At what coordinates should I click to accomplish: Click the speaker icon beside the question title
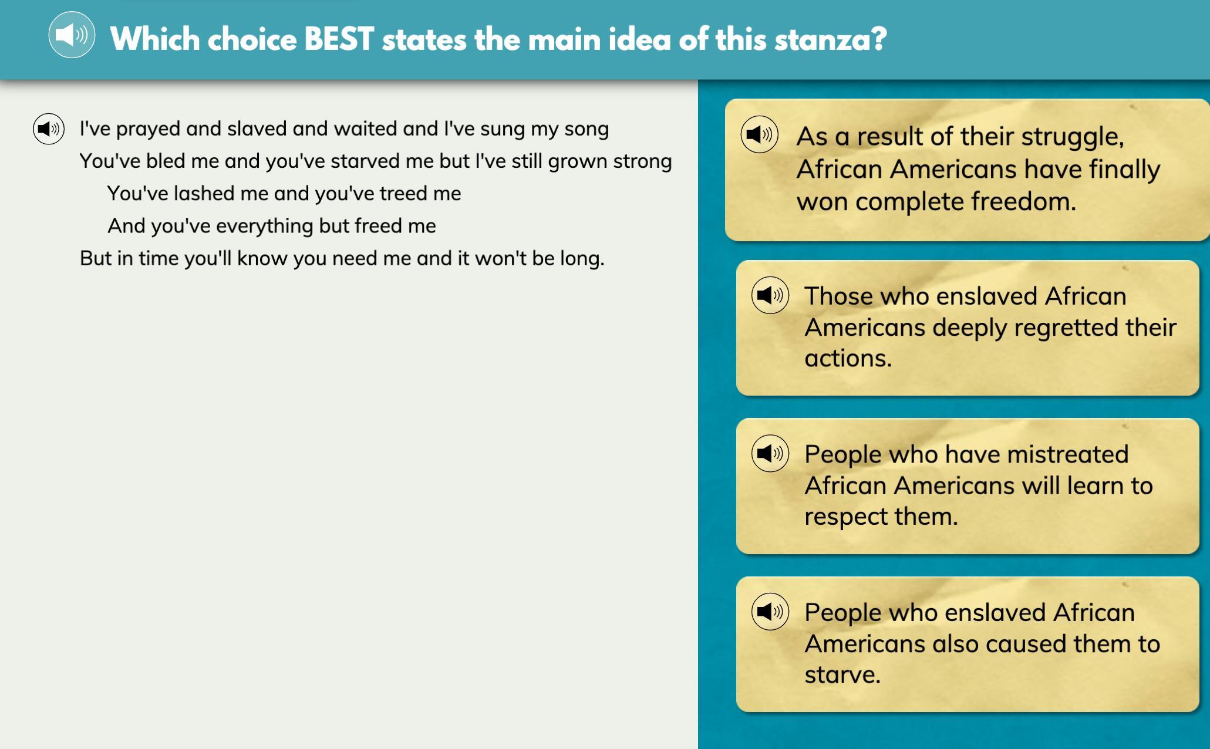click(x=72, y=35)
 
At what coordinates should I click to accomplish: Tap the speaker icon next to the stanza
click(x=49, y=129)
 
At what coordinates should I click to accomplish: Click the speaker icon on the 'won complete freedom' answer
click(x=759, y=134)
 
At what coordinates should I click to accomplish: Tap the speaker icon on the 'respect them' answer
click(x=770, y=453)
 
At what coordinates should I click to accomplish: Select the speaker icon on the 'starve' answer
click(x=770, y=612)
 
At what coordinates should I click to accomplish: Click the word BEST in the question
click(x=339, y=39)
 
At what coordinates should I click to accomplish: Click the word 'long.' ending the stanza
click(x=582, y=259)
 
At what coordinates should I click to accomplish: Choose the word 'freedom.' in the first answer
click(x=1024, y=201)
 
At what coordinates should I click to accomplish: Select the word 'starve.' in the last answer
click(x=842, y=674)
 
